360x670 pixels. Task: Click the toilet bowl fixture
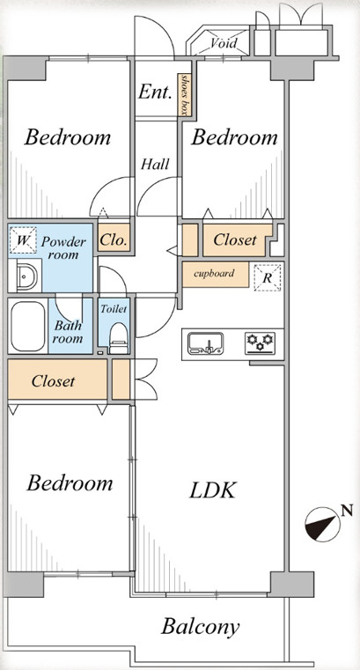point(118,338)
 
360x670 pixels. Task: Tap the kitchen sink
point(206,343)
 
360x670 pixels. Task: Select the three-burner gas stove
point(260,343)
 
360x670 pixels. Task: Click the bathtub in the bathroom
point(28,326)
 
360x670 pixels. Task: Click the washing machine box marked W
point(22,240)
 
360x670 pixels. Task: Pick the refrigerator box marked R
point(268,277)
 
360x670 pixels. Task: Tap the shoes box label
point(184,95)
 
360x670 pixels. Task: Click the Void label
point(224,43)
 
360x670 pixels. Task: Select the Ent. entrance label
point(155,92)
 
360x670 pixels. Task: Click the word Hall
point(156,164)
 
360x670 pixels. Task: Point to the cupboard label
point(214,274)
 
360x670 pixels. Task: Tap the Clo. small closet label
point(114,240)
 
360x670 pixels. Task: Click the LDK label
point(212,490)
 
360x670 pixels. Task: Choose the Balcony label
point(200,628)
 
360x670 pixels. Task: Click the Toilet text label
point(114,308)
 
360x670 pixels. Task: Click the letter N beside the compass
point(348,510)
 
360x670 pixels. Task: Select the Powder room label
point(63,248)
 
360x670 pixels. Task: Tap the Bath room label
point(69,332)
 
